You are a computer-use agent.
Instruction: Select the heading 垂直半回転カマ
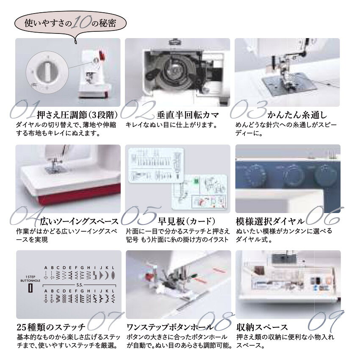(188, 115)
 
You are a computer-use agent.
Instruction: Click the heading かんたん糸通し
(297, 115)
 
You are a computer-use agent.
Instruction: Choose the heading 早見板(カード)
(187, 221)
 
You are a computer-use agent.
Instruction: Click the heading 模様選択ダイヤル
(270, 221)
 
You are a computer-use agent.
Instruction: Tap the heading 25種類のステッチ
(51, 327)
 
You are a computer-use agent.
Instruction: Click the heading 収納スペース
(262, 327)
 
